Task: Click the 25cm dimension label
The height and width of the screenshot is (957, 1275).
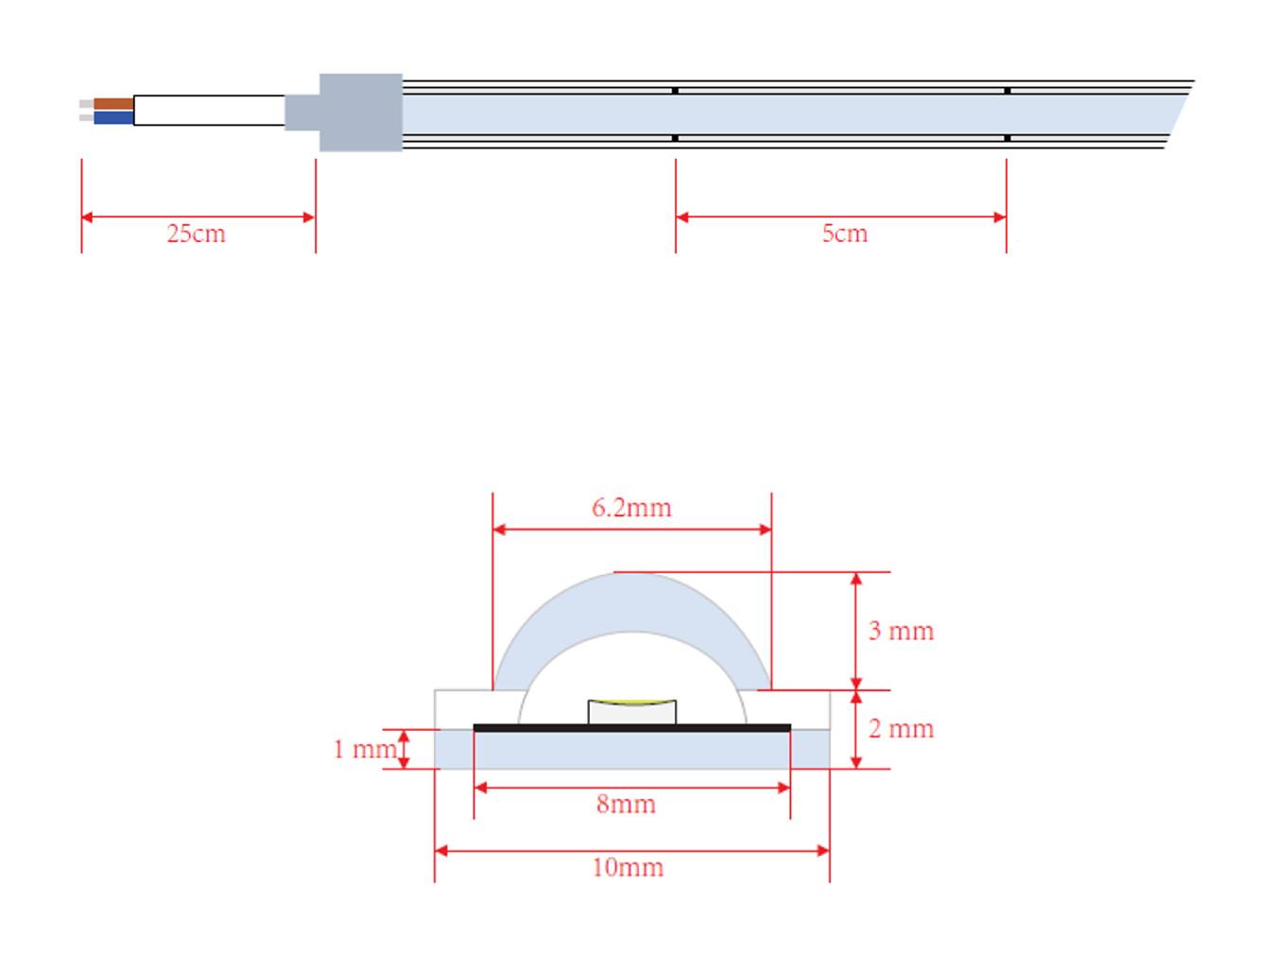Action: (x=196, y=234)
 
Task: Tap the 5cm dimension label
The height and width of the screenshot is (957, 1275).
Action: (x=845, y=234)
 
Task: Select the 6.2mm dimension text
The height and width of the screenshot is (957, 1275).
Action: (x=631, y=508)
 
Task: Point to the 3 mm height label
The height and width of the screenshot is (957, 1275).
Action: (x=901, y=631)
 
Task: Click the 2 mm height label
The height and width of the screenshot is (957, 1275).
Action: (x=901, y=729)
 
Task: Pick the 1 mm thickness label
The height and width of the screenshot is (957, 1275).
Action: (x=365, y=749)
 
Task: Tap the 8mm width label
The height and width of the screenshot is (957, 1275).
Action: (x=627, y=804)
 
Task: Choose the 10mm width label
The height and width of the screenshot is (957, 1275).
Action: (x=628, y=867)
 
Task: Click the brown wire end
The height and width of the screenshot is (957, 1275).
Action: (x=113, y=104)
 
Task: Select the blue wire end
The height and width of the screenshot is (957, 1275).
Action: (x=113, y=118)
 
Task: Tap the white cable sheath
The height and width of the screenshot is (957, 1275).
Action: (x=209, y=111)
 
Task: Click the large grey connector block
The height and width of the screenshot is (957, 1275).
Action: (x=361, y=113)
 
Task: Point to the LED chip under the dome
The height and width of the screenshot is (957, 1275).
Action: (x=632, y=712)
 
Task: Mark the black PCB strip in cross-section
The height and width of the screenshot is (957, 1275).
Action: (x=632, y=727)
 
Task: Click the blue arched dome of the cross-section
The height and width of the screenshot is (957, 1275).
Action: (x=632, y=601)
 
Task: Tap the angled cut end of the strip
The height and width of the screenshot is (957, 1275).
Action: (x=1180, y=113)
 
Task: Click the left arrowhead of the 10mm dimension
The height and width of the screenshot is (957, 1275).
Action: (x=441, y=851)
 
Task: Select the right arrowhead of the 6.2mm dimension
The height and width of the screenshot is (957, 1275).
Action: (x=765, y=530)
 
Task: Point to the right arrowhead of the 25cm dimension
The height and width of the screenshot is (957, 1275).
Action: (x=309, y=217)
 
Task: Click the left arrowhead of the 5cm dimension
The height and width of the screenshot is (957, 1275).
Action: (x=682, y=217)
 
